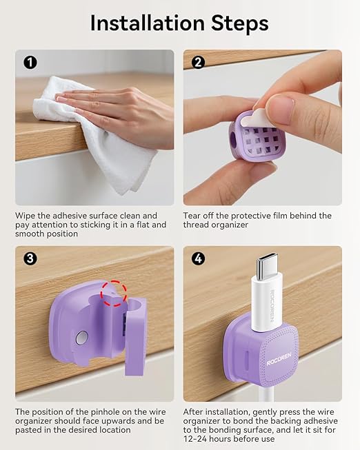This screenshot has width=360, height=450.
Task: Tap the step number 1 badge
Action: coord(30,63)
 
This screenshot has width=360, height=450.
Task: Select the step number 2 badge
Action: coord(199,63)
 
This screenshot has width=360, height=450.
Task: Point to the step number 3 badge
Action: coord(30,259)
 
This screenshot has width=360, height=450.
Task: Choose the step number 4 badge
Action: coord(199,259)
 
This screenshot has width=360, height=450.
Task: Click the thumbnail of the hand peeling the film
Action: coord(262,127)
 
